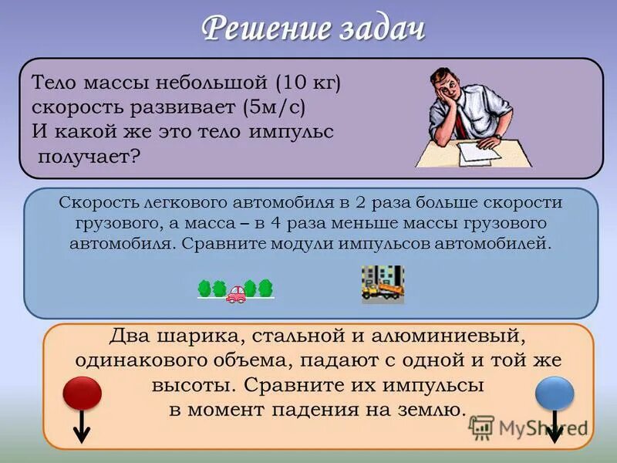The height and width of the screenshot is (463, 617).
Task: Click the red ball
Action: [81, 393]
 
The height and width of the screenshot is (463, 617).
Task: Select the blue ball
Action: [555, 394]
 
